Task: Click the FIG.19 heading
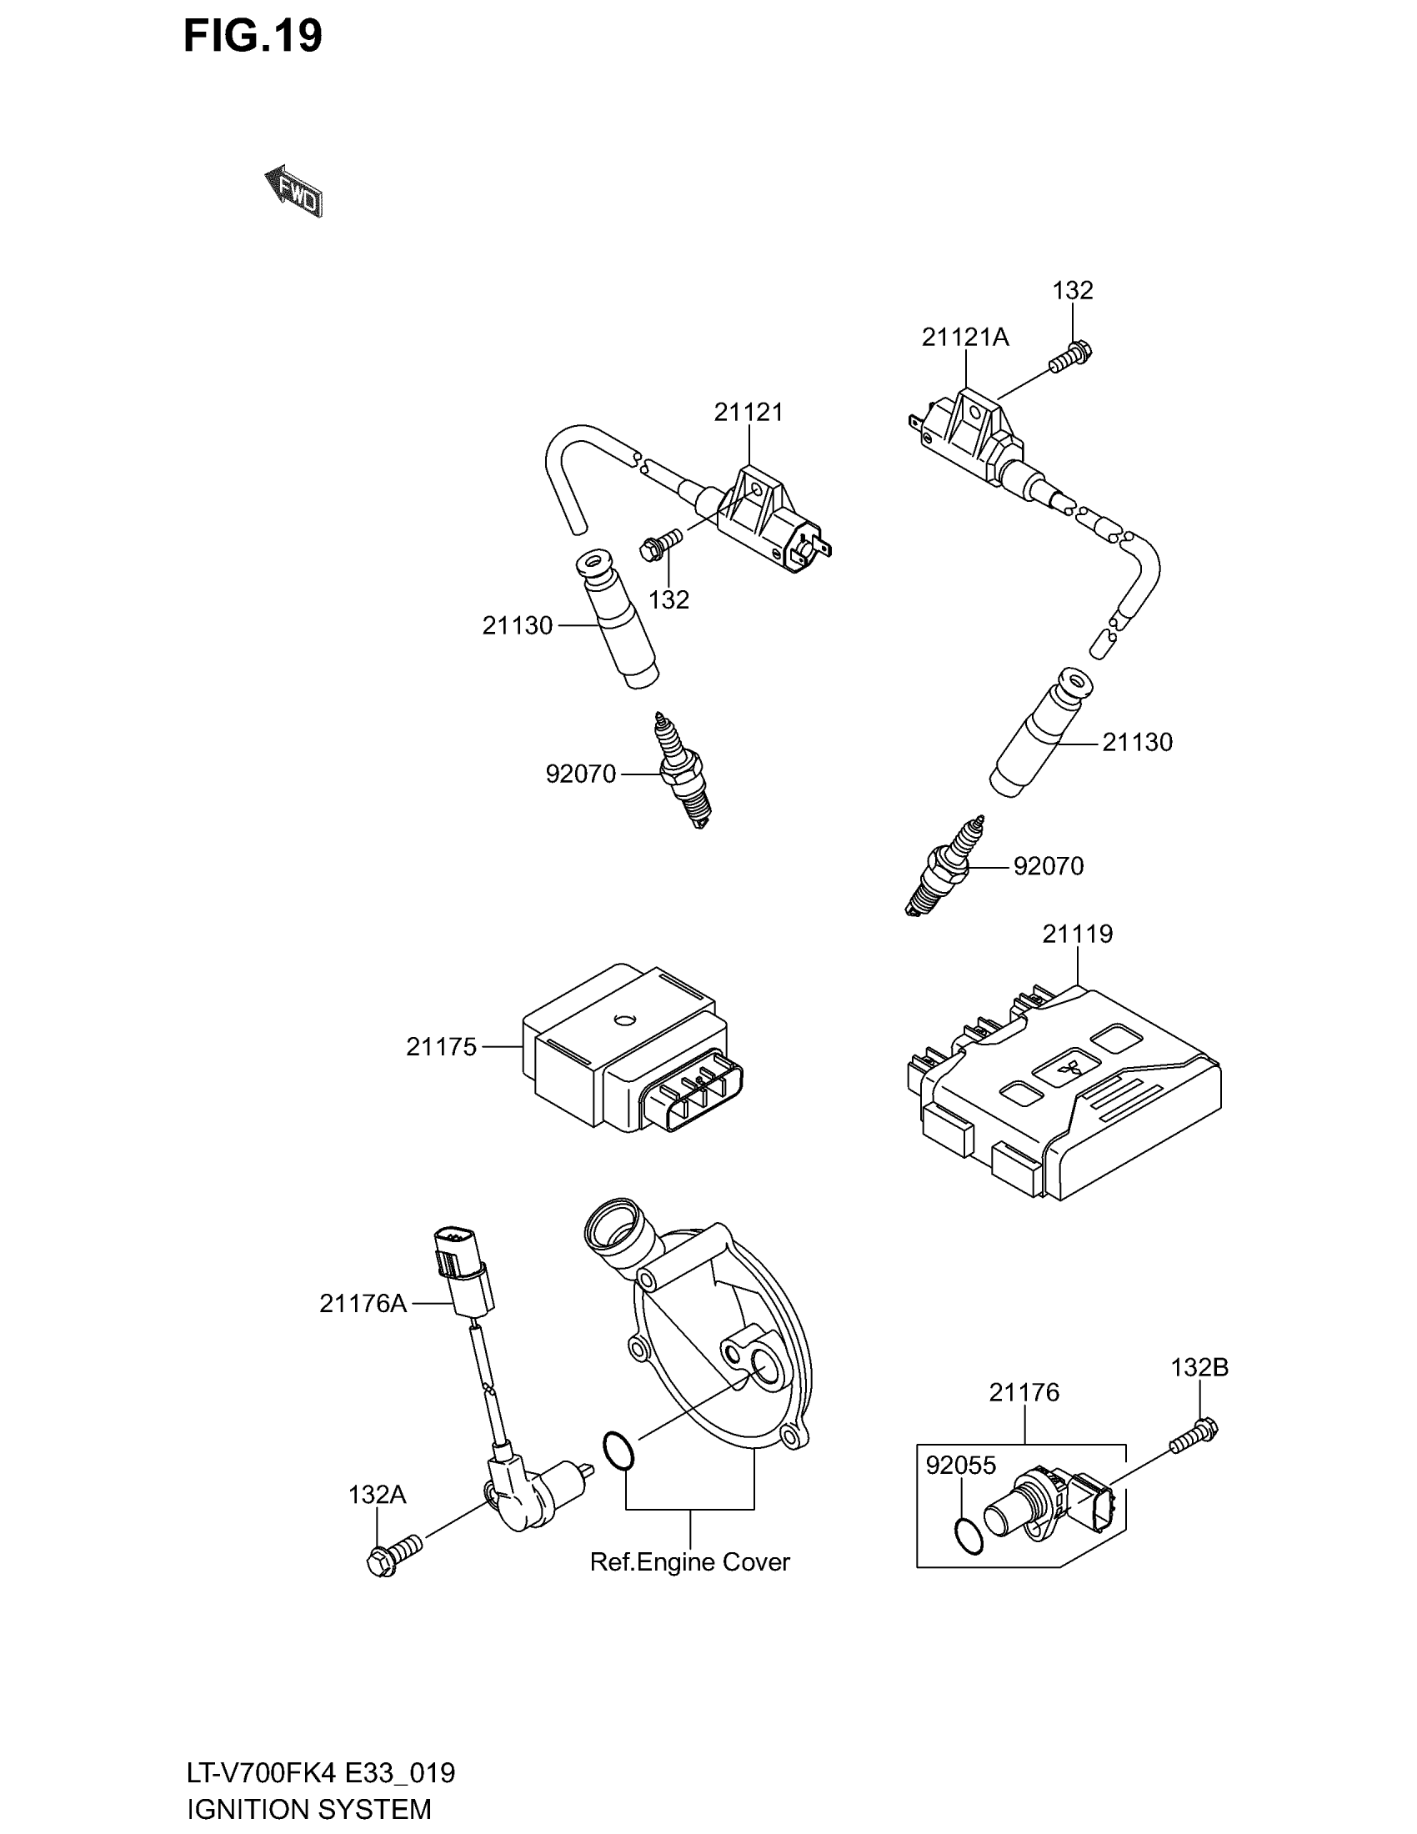pyautogui.click(x=253, y=37)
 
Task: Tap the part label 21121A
pyautogui.click(x=964, y=338)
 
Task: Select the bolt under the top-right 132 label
pyautogui.click(x=1069, y=356)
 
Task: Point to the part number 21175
pyautogui.click(x=441, y=1047)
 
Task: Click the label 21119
pyautogui.click(x=1077, y=934)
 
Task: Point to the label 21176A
pyautogui.click(x=362, y=1303)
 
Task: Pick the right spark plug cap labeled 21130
pyautogui.click(x=1040, y=732)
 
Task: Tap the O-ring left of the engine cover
pyautogui.click(x=618, y=1452)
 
